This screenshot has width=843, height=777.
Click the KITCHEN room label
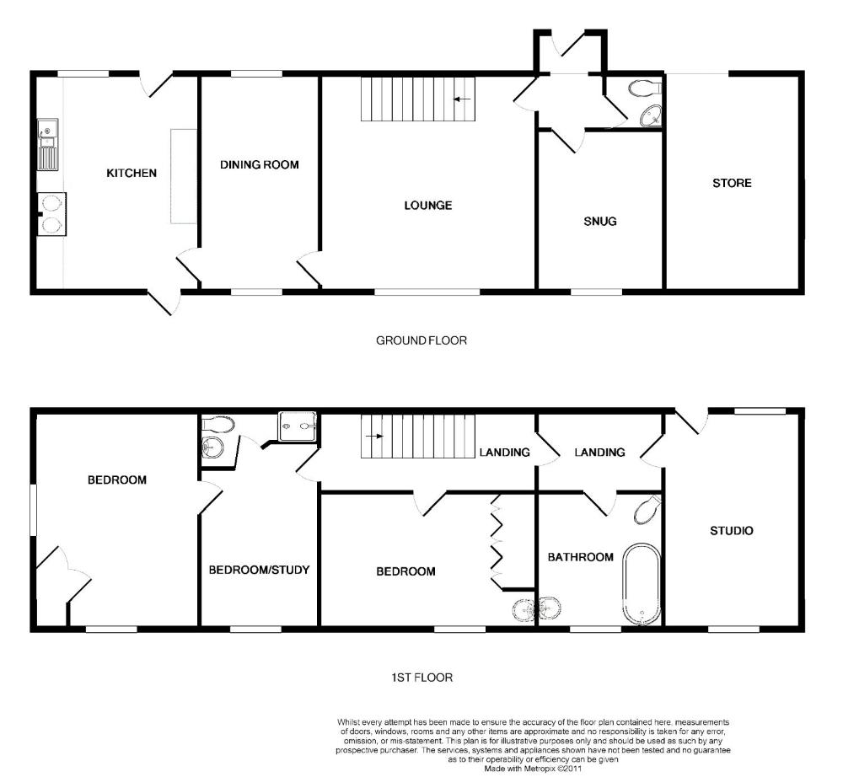132,173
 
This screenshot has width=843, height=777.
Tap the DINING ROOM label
260,165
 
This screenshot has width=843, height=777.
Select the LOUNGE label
428,206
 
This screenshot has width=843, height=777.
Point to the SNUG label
600,222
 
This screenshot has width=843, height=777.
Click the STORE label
732,183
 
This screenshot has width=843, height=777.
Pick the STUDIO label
732,531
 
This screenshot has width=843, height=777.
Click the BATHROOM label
581,557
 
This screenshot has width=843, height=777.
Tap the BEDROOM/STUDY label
259,570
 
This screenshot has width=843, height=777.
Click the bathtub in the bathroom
642,585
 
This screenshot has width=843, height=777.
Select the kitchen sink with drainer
48,145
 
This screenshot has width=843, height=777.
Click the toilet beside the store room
644,88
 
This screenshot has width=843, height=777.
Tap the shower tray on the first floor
298,426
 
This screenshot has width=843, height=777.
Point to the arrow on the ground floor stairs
462,99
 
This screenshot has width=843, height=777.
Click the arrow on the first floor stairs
375,436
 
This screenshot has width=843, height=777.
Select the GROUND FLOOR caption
421,340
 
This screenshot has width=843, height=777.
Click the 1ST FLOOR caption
422,678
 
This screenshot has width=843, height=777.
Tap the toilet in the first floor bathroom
647,509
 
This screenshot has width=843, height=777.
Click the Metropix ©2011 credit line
533,769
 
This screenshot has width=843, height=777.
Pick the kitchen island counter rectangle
183,176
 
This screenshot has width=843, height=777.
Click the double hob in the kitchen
51,214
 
